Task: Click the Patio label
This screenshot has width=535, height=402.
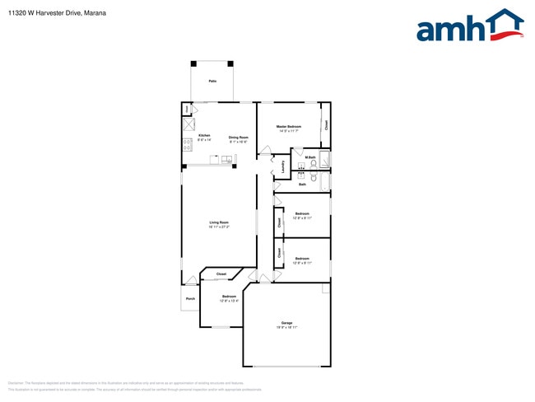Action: point(212,82)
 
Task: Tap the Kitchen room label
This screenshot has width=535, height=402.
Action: point(204,135)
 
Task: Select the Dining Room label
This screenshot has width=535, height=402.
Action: point(238,138)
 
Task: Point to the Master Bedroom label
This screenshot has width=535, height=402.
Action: point(288,126)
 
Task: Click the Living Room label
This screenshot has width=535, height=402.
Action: point(218,222)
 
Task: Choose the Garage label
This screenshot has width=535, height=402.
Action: point(286,323)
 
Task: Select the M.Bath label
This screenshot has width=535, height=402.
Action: point(310,157)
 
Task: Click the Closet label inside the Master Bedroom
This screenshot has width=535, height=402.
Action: point(326,125)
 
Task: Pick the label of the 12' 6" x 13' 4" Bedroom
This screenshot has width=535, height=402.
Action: point(229,297)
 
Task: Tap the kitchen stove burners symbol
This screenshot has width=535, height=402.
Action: point(187,143)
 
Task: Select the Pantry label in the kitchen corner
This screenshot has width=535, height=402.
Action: point(187,108)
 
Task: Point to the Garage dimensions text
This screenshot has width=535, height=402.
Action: point(286,328)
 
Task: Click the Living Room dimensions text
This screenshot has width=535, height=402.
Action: point(218,227)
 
